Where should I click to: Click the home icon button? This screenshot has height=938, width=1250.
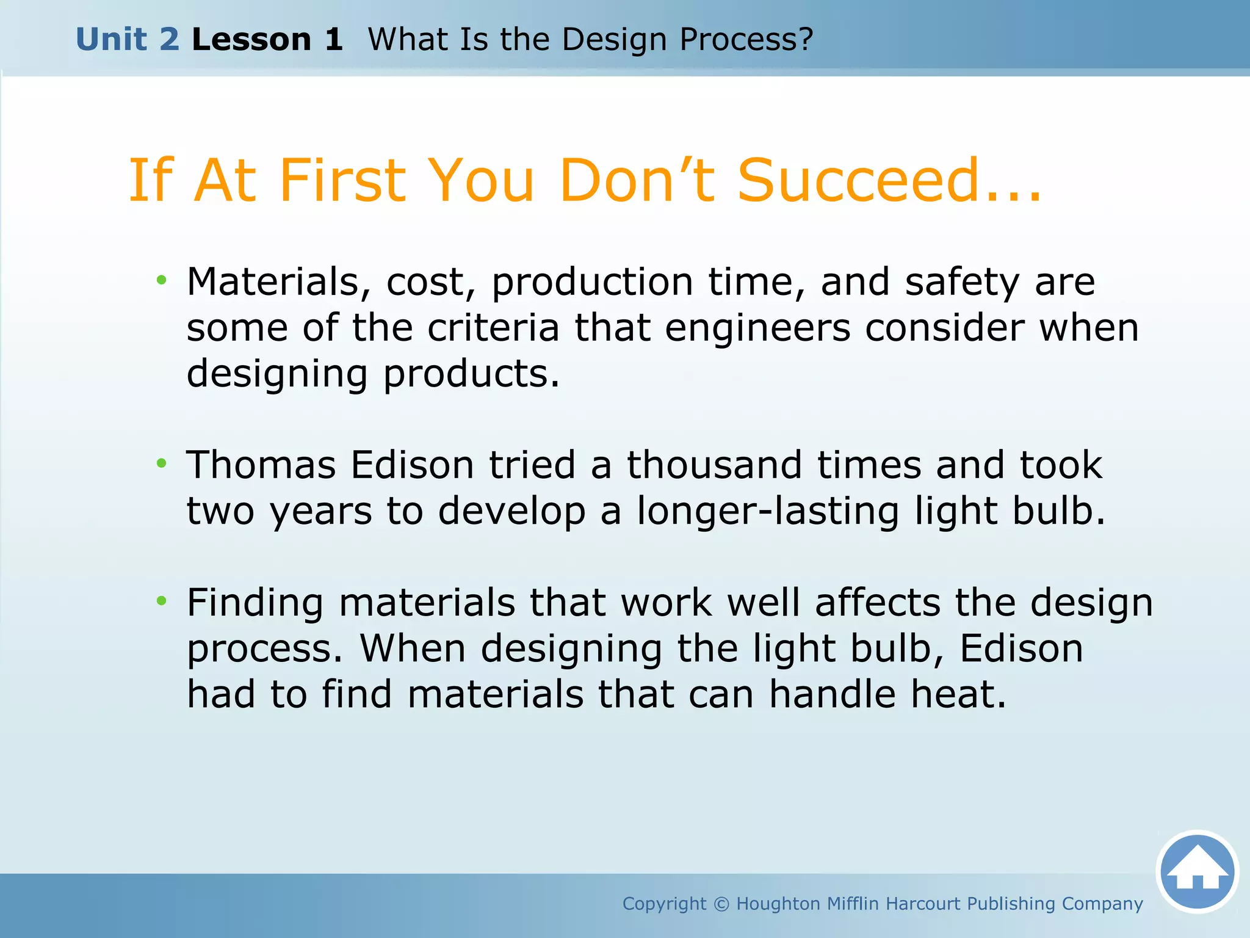click(x=1197, y=872)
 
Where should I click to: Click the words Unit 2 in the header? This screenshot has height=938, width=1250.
click(x=128, y=40)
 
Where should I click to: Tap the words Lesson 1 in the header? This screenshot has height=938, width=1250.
click(x=267, y=40)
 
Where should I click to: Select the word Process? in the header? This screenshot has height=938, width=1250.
click(x=746, y=40)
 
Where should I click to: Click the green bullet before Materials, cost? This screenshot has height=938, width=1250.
click(x=161, y=281)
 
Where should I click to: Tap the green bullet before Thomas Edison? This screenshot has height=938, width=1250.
click(x=161, y=464)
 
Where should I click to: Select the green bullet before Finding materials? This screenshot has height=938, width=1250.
click(x=161, y=602)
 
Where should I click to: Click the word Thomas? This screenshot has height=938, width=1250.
click(x=261, y=465)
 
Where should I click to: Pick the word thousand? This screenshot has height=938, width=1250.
click(x=714, y=465)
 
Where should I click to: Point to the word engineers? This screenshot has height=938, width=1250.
click(x=757, y=328)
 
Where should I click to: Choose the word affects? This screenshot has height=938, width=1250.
click(x=878, y=603)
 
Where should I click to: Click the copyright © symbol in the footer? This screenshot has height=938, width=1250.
click(x=721, y=904)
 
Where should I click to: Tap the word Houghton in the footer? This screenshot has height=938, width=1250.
click(x=778, y=904)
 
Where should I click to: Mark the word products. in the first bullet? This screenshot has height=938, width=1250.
click(x=471, y=374)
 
